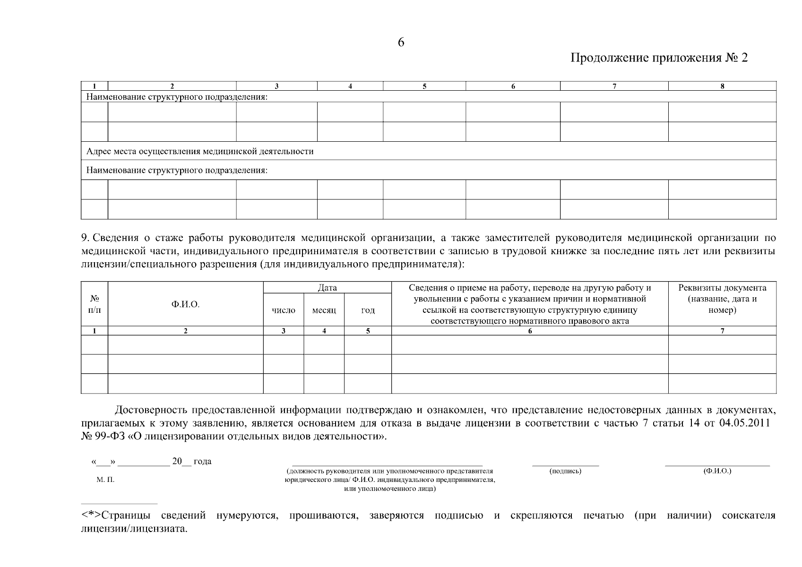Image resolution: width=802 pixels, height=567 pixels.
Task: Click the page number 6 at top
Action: [x=401, y=43]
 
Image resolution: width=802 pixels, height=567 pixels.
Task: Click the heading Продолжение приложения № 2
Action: [x=659, y=58]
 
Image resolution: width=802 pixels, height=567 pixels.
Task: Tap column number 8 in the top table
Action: [x=722, y=86]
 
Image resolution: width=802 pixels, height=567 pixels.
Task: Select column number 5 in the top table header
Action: [x=424, y=86]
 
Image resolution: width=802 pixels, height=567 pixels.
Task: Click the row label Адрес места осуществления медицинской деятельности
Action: [x=199, y=151]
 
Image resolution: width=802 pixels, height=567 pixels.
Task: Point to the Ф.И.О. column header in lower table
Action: [x=185, y=305]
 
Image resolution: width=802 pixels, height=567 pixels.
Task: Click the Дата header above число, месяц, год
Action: [x=327, y=288]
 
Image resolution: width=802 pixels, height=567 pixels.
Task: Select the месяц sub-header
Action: [x=324, y=310]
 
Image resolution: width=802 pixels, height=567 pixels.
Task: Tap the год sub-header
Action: [x=368, y=310]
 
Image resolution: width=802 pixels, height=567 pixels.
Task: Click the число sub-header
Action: [x=284, y=310]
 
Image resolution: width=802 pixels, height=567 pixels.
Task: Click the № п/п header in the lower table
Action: [x=95, y=305]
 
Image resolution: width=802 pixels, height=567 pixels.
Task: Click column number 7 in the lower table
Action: [x=722, y=331]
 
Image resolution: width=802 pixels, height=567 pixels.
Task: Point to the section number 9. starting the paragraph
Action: [x=86, y=238]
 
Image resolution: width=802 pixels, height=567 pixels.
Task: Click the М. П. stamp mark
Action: [x=105, y=480]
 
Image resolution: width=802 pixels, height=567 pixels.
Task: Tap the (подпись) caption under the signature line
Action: [x=565, y=471]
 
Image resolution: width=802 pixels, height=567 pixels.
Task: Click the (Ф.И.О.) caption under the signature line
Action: [x=717, y=471]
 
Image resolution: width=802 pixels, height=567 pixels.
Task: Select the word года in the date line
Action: [x=202, y=462]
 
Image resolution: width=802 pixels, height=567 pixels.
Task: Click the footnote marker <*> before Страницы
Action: [x=91, y=515]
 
